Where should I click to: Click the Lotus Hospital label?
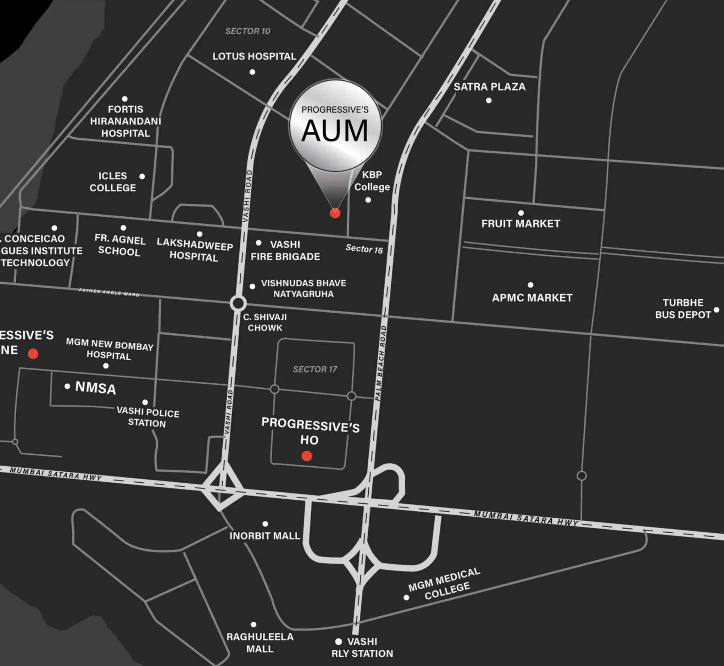(x=254, y=56)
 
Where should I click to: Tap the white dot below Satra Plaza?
(x=489, y=101)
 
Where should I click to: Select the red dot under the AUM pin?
(x=335, y=213)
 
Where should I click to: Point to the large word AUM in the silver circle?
(x=335, y=131)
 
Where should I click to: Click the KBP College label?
(x=372, y=181)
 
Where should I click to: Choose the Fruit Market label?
(x=521, y=224)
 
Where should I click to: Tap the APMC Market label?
(x=532, y=298)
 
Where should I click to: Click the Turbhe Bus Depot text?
(x=682, y=308)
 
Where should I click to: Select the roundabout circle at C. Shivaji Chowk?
(x=238, y=303)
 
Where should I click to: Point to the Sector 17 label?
(x=315, y=369)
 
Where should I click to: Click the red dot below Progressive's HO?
(x=307, y=456)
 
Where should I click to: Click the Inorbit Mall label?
(x=265, y=536)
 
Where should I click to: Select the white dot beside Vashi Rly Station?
(x=338, y=641)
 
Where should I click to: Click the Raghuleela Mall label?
(x=260, y=643)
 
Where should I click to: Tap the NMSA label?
(x=96, y=388)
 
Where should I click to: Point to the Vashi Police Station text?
(x=148, y=417)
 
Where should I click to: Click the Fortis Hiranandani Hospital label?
(x=125, y=121)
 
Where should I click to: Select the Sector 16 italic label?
(x=364, y=249)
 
